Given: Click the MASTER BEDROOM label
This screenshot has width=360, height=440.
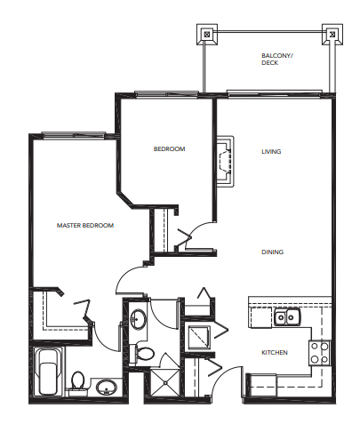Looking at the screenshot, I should tap(85, 226).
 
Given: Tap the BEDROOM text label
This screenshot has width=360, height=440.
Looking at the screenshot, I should tap(169, 149).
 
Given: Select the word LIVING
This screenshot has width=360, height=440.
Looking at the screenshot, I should tap(271, 152).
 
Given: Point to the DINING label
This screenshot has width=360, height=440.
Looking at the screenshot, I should tap(272, 252).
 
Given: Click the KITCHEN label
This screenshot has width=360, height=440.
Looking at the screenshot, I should tap(274, 353).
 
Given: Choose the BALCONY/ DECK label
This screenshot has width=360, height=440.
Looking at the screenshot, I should tap(276, 59).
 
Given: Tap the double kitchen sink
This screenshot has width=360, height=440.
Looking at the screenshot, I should tap(286, 316).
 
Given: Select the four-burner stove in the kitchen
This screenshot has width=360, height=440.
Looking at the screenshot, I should tap(319, 353).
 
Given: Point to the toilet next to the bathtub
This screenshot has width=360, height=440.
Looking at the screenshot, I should tap(77, 380).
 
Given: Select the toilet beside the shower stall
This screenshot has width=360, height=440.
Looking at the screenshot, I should tap(146, 353).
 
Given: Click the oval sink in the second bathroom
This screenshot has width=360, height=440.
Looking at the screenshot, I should tap(139, 319).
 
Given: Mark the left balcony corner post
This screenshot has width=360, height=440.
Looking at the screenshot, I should tap(207, 36).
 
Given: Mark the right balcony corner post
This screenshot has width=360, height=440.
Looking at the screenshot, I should tap(332, 36).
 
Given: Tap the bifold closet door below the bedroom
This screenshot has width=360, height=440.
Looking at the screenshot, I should tap(186, 236).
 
